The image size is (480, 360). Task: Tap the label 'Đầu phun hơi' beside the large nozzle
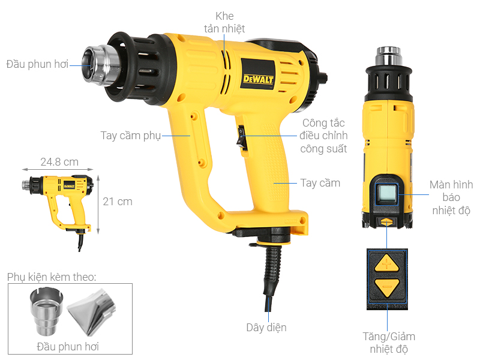point(37,64)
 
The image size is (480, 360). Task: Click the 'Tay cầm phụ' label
point(130,135)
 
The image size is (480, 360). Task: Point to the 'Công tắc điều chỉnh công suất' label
point(325,136)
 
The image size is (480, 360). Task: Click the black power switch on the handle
point(241,137)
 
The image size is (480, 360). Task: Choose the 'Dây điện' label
point(266,328)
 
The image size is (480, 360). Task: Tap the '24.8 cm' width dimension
point(59,162)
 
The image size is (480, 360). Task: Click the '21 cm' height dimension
point(117,201)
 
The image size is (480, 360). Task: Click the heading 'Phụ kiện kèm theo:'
point(52,277)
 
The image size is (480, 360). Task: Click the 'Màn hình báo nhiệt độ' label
point(451,197)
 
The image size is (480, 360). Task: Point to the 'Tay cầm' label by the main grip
point(320,183)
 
